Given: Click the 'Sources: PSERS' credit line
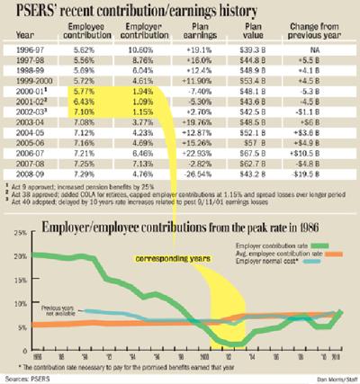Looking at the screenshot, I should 27,378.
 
